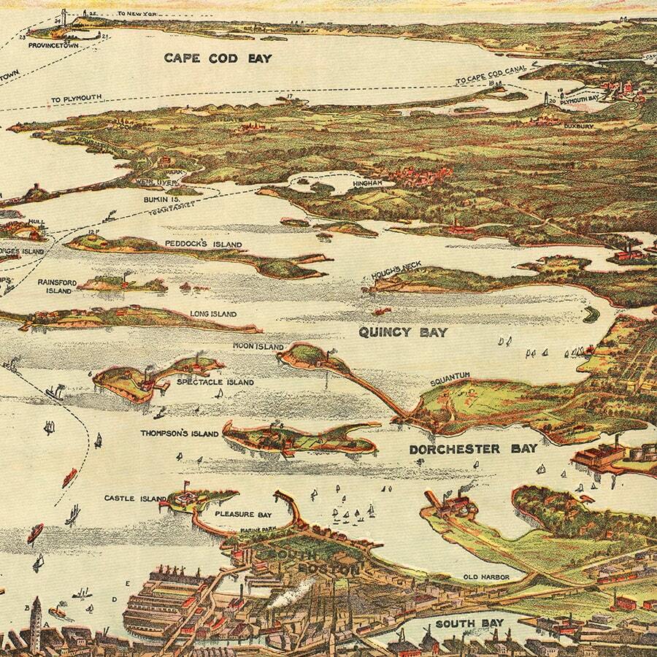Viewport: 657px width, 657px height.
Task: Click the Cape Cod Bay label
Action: click(217, 58)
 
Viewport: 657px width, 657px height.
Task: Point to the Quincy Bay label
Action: click(402, 332)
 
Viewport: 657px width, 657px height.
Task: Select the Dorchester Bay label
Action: click(473, 449)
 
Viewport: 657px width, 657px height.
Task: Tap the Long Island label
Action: click(213, 314)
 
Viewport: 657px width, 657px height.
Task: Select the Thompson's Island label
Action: click(180, 434)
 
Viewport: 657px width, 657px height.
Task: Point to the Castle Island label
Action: click(135, 499)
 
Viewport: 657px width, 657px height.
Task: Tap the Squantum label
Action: click(450, 375)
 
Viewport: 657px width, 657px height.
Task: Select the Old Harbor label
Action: click(485, 577)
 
